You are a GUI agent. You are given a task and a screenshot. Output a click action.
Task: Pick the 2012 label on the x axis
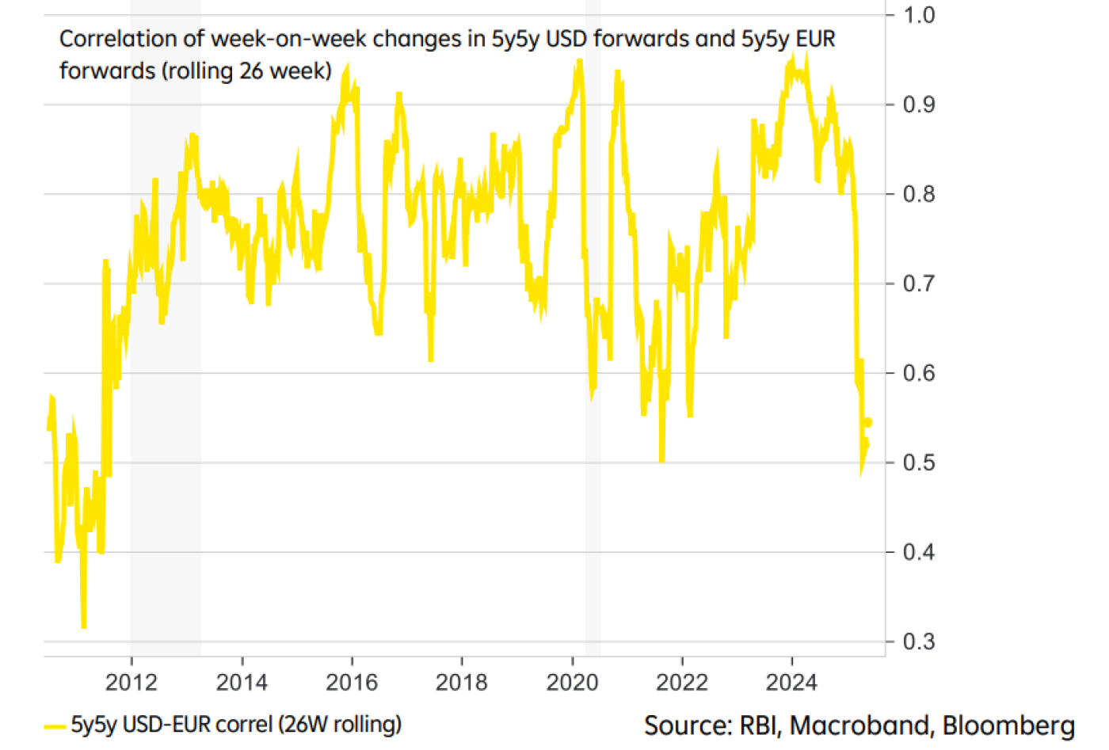[x=131, y=683]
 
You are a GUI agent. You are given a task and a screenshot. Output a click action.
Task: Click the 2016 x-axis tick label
[x=352, y=683]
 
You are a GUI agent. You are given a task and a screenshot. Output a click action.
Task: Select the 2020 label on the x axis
[x=572, y=683]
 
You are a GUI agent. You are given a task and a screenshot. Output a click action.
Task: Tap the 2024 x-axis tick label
[x=791, y=683]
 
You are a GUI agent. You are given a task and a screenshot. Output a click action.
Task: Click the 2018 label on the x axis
[x=462, y=683]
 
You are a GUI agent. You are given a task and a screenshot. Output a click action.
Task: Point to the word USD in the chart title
[x=567, y=39]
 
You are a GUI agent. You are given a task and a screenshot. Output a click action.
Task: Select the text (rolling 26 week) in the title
[x=247, y=71]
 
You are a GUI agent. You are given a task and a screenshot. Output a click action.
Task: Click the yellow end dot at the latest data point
[x=868, y=423]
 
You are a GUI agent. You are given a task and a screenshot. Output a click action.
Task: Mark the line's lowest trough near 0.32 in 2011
[x=83, y=626]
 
